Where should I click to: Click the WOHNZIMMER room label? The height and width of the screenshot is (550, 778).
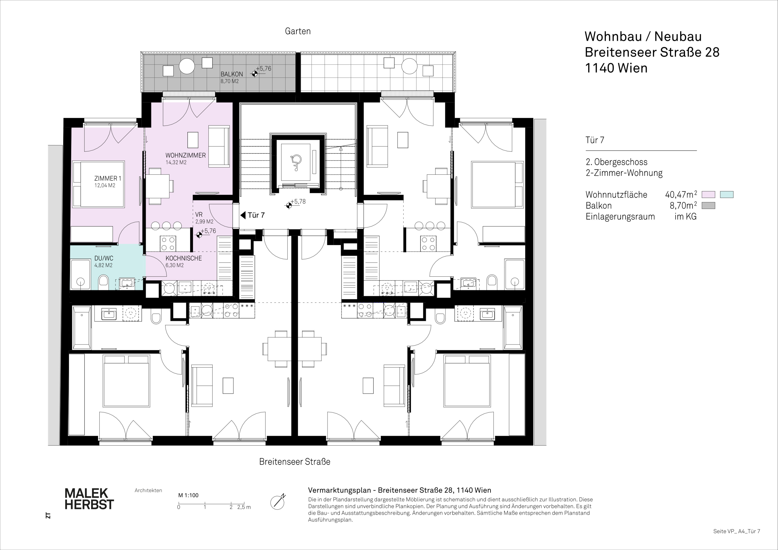(185, 155)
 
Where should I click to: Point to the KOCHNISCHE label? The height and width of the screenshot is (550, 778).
(183, 258)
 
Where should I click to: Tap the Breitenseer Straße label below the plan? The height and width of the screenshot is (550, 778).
(295, 462)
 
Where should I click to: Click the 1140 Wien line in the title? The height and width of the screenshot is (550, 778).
(616, 68)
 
